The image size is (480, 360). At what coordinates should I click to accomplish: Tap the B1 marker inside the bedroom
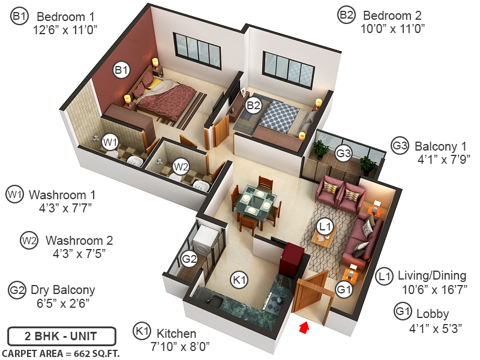122,71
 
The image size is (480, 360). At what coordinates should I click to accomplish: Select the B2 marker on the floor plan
254,104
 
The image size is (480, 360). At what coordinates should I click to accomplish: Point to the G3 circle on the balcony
343,153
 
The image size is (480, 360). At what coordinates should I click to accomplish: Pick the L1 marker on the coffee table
325,227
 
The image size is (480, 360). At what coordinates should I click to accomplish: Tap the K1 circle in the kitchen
240,279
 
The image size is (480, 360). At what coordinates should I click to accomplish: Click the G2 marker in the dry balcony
190,259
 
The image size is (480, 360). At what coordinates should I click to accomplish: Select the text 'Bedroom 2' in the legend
394,16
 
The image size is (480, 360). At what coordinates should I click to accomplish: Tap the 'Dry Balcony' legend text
62,290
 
